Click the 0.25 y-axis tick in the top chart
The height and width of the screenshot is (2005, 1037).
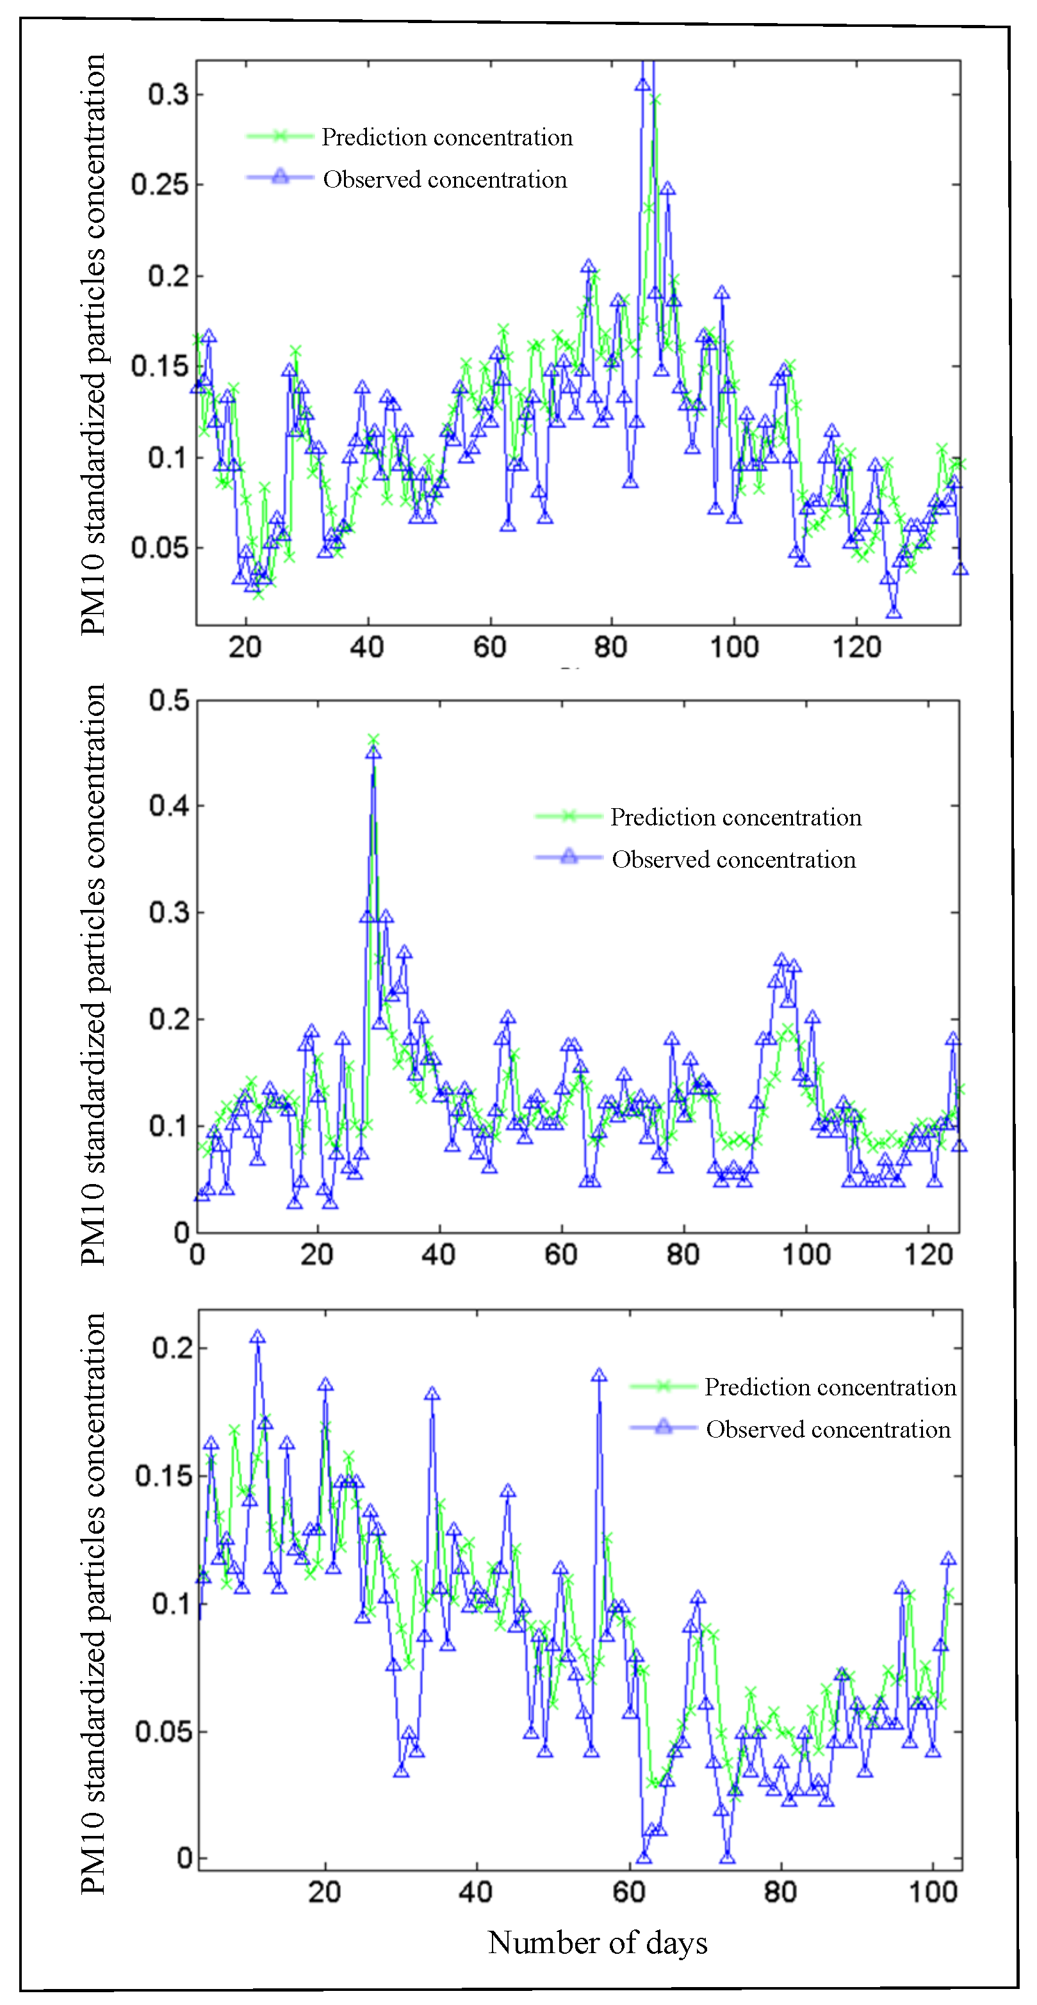point(159,185)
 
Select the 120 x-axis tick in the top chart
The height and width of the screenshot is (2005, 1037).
point(856,647)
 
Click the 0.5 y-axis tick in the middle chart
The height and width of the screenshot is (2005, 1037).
point(169,701)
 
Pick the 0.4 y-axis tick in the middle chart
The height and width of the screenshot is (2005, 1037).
point(169,806)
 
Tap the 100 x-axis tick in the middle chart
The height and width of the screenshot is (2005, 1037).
point(806,1254)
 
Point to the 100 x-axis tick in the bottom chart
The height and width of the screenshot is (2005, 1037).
point(933,1892)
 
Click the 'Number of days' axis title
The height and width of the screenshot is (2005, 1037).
point(597,1944)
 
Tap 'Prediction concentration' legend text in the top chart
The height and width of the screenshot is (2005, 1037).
point(447,138)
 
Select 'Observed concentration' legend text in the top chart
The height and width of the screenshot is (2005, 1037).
point(445,180)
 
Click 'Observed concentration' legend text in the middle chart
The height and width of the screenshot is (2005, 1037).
point(733,860)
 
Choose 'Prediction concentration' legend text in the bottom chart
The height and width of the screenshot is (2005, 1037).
point(830,1388)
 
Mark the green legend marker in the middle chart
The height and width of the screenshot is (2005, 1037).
point(568,816)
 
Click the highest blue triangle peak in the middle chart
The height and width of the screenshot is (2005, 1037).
point(373,752)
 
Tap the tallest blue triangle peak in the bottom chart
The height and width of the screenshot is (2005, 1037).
point(257,1337)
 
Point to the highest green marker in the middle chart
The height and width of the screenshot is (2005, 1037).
point(373,740)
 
